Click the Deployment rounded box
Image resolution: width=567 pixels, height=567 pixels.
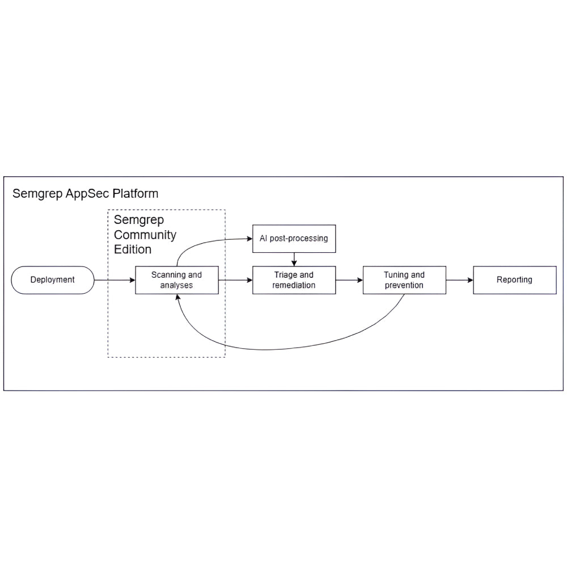click(x=52, y=280)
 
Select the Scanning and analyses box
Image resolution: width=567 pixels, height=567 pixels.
click(x=176, y=280)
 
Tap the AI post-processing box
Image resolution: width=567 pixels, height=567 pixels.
click(x=294, y=239)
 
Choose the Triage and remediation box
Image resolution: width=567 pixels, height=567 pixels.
click(x=294, y=280)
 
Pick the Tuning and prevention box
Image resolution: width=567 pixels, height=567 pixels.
click(x=404, y=280)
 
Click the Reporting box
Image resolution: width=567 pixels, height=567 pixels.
click(x=514, y=280)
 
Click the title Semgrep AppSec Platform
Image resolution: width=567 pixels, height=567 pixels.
click(x=85, y=194)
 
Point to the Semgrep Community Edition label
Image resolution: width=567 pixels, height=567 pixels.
click(x=145, y=235)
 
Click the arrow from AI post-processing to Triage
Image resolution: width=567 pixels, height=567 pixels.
click(x=294, y=259)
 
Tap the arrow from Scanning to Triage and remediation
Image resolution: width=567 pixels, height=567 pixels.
click(x=235, y=280)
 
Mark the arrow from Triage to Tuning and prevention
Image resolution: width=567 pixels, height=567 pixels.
click(x=349, y=280)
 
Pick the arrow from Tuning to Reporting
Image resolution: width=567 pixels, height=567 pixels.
click(x=459, y=280)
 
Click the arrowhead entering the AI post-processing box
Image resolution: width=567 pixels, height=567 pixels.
click(x=249, y=239)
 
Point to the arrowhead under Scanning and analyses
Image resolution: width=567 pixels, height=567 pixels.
click(x=179, y=298)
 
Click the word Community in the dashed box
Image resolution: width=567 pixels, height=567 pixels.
click(x=145, y=235)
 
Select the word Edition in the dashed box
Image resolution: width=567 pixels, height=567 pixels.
click(x=133, y=249)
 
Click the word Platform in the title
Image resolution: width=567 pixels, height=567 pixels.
click(x=136, y=194)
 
